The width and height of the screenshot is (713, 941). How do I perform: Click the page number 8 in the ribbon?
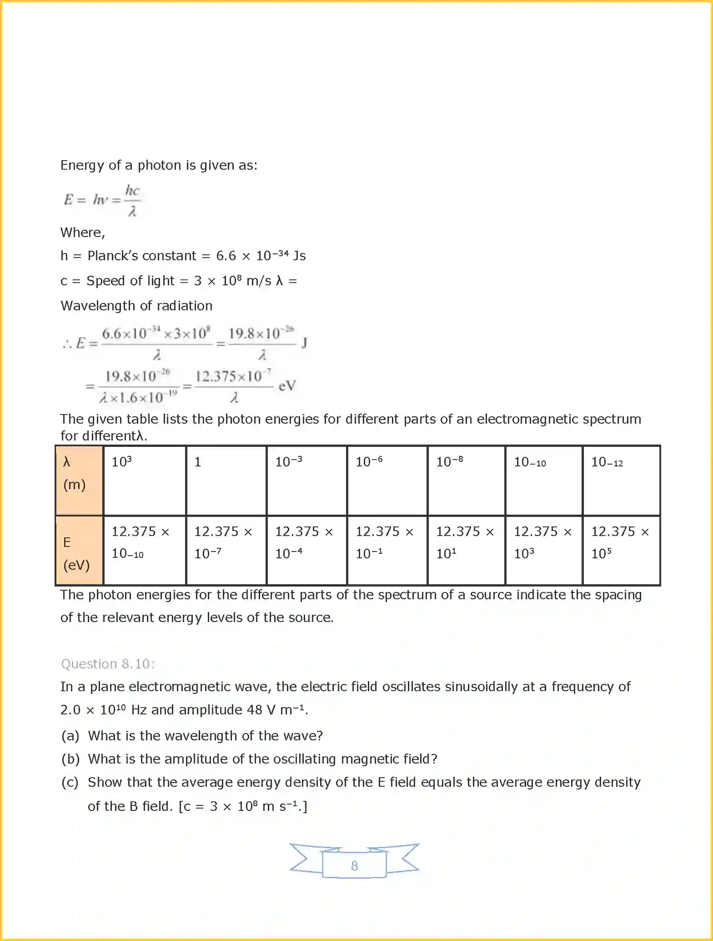[354, 865]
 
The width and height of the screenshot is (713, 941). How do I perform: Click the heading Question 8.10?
[108, 664]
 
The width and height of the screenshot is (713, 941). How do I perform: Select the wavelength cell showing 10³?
[145, 480]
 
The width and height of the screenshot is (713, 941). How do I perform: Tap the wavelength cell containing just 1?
[226, 480]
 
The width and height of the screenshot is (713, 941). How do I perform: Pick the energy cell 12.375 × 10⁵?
[621, 550]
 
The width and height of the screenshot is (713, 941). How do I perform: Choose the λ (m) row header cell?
[79, 480]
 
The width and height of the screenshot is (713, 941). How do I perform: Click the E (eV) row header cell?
[79, 550]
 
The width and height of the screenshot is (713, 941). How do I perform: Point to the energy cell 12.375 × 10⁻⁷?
[226, 550]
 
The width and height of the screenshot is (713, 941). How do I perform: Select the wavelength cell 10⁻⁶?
[387, 480]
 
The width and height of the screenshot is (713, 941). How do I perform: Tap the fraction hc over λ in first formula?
[132, 200]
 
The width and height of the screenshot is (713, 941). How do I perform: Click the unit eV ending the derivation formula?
[287, 386]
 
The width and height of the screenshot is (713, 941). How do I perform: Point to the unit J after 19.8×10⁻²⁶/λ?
[304, 342]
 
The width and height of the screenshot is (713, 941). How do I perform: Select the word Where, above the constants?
[83, 233]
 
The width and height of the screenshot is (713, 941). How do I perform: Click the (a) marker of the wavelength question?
[70, 736]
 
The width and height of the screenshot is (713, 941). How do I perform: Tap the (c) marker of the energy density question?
[70, 782]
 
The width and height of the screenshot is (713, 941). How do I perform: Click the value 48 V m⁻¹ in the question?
[277, 710]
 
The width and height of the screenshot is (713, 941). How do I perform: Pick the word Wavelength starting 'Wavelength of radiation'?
[95, 306]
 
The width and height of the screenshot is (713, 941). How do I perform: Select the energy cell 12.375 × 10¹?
[466, 550]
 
